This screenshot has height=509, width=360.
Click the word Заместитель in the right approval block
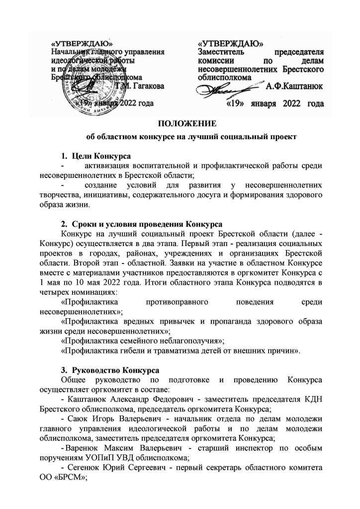pyautogui.click(x=221, y=51)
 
